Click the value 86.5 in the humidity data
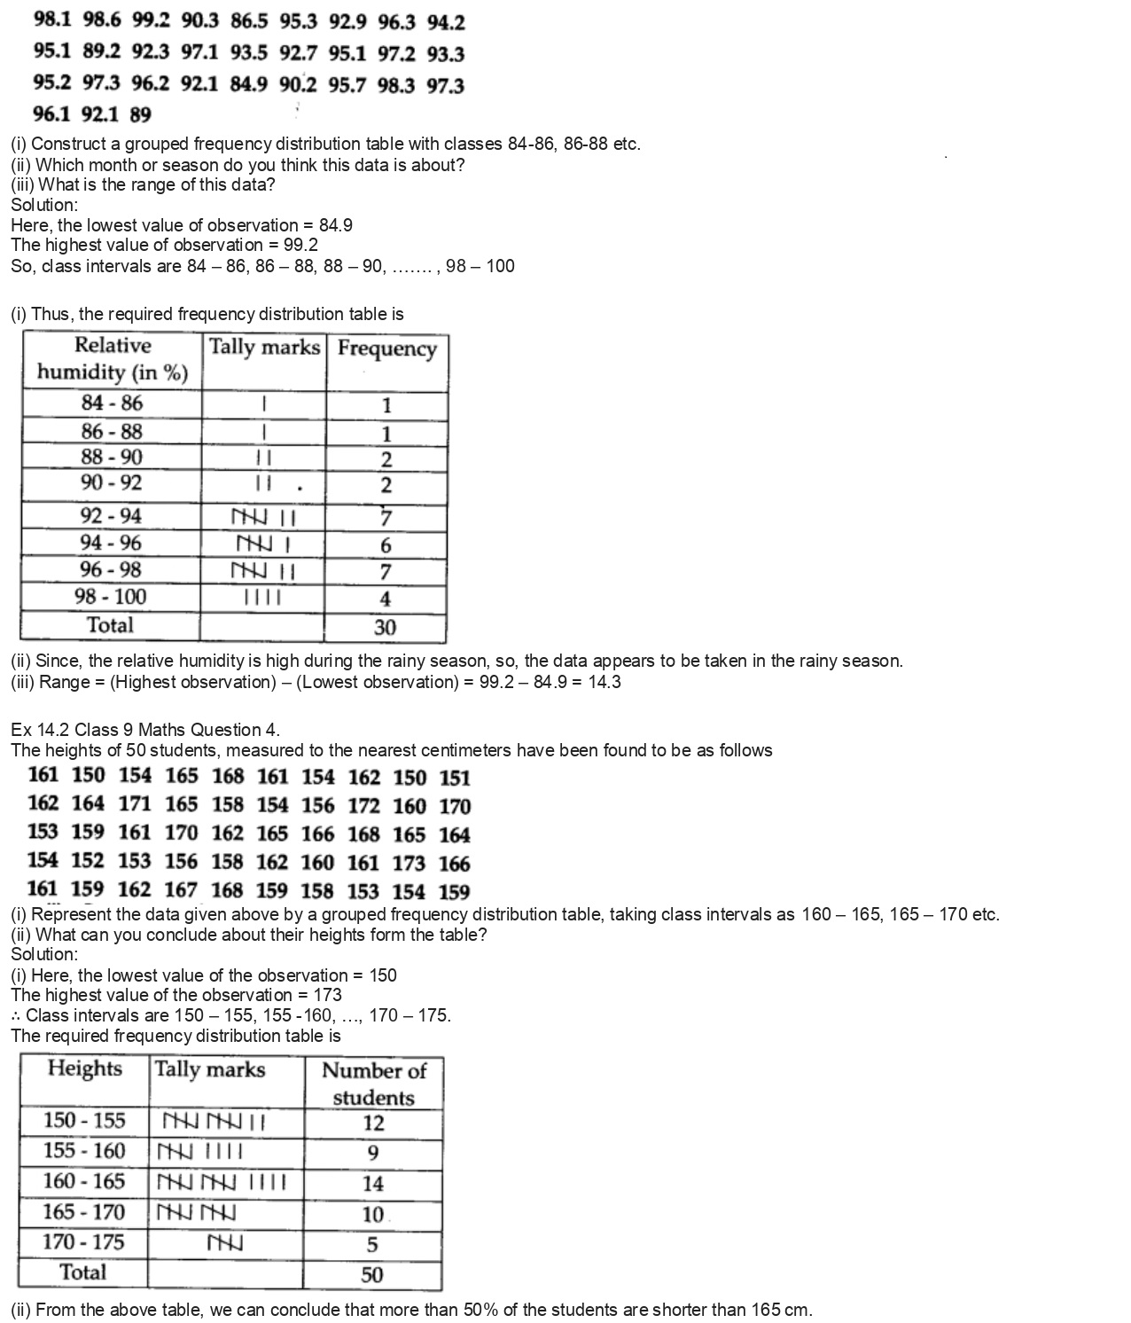(x=249, y=21)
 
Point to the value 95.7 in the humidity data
(x=347, y=85)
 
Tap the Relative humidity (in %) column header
(x=113, y=359)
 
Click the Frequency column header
(x=387, y=348)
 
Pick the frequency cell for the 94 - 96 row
(x=386, y=545)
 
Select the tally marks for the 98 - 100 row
(x=263, y=598)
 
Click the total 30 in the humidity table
(x=385, y=628)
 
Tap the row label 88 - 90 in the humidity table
(x=112, y=458)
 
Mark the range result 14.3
(x=604, y=682)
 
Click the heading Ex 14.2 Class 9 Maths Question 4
(x=145, y=730)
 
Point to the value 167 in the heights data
(x=181, y=889)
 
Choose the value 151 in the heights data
(x=455, y=778)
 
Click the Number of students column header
(x=373, y=1083)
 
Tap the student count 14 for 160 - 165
(x=373, y=1183)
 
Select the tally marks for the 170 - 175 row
(x=225, y=1243)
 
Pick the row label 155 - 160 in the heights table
(x=84, y=1151)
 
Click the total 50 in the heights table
(x=372, y=1275)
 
